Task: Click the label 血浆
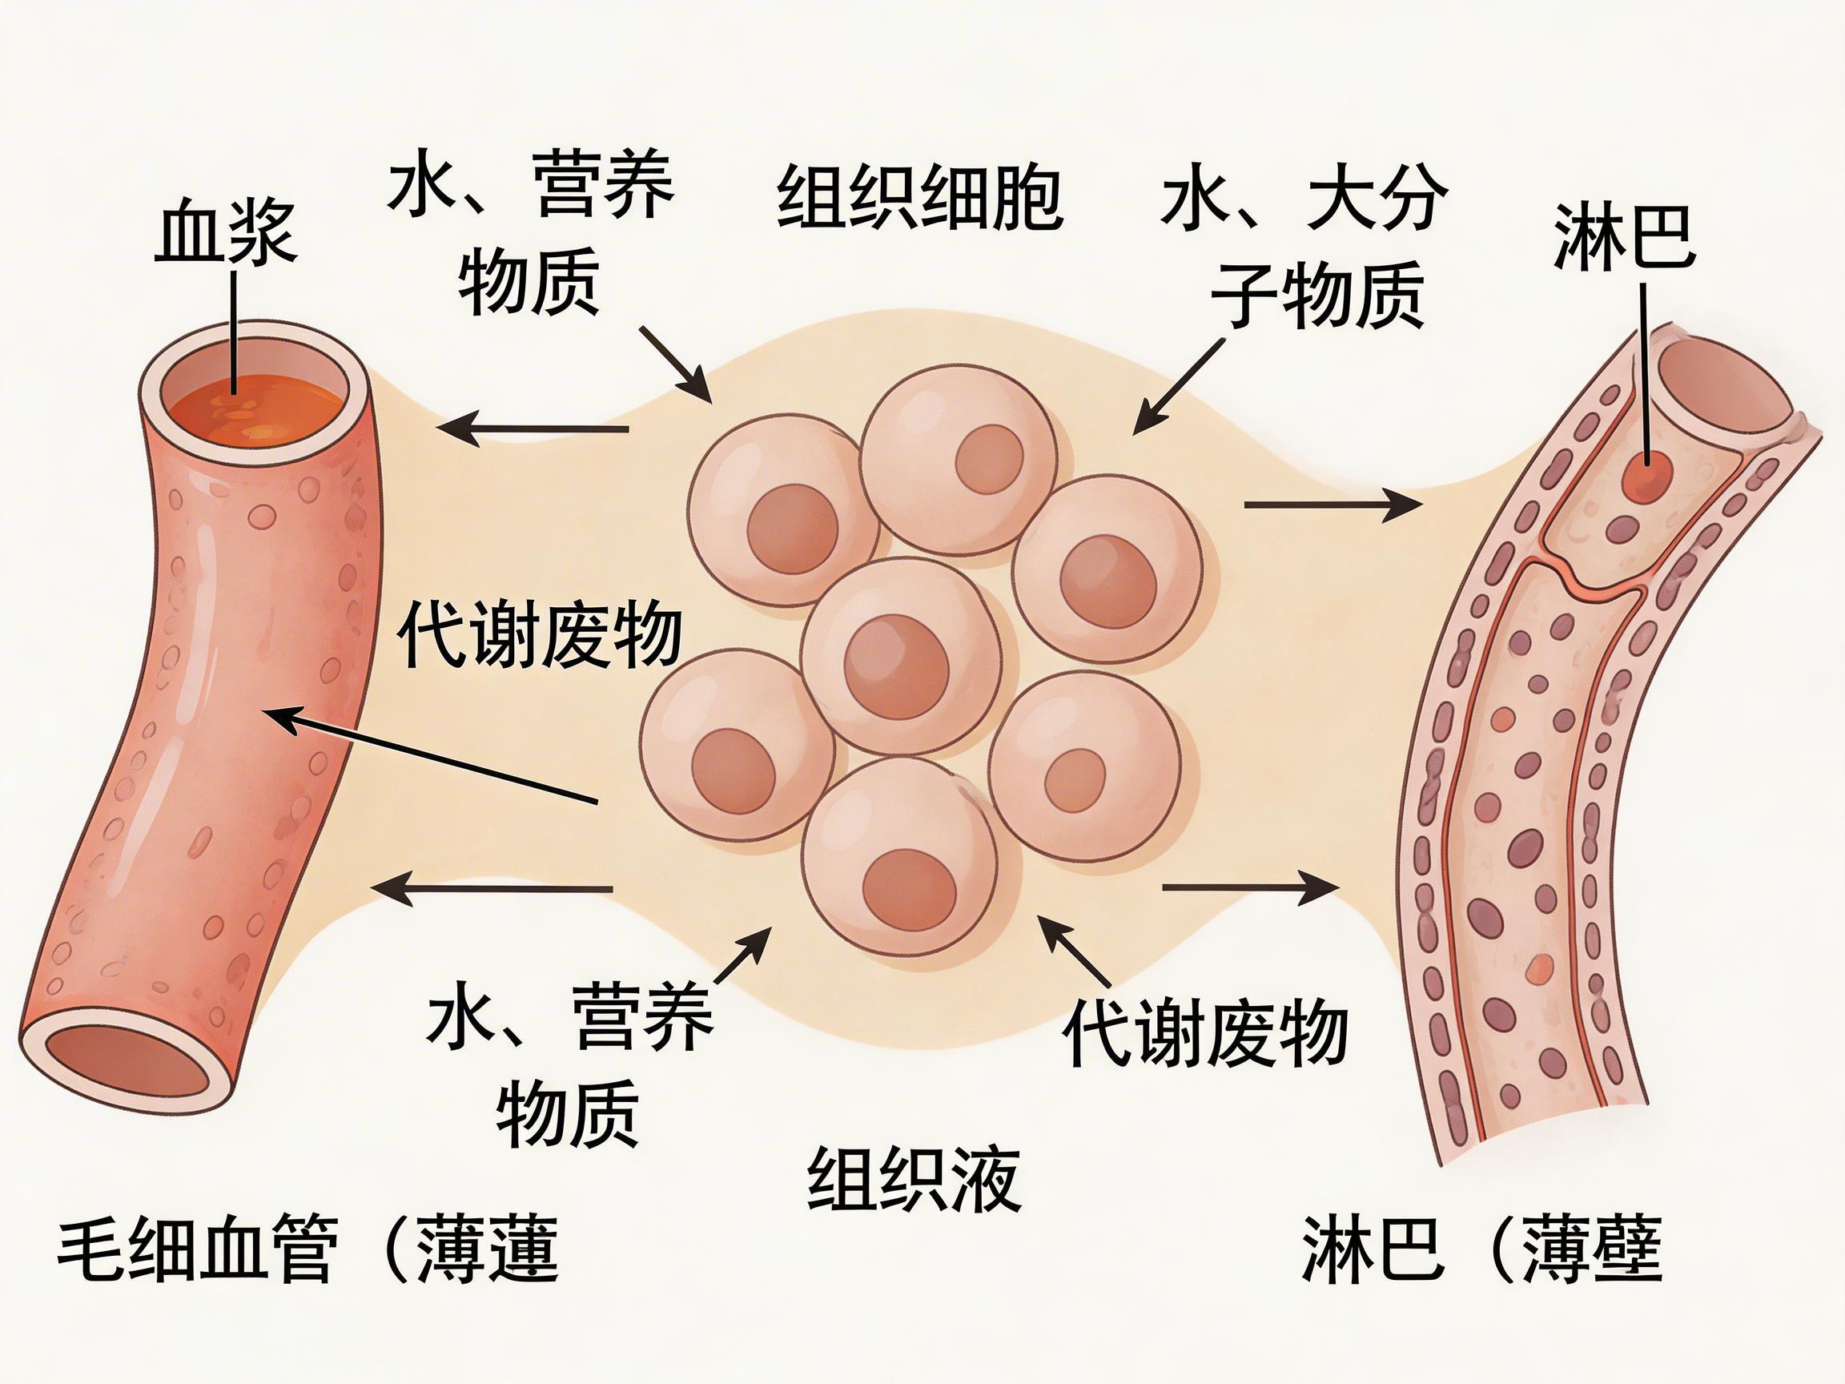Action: pos(226,231)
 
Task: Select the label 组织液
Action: pos(914,1180)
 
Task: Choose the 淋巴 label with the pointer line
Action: pos(1623,237)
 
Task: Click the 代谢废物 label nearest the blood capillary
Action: pos(540,636)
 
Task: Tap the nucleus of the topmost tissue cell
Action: pos(989,458)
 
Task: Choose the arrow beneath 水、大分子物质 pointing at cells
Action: pos(1178,385)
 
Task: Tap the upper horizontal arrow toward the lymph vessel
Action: pos(1332,505)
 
